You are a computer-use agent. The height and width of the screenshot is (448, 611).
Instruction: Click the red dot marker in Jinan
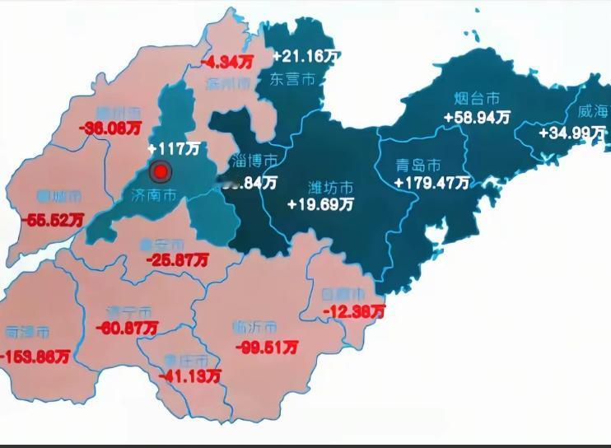tap(161, 171)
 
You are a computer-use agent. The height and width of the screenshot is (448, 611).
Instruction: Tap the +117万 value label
tap(175, 149)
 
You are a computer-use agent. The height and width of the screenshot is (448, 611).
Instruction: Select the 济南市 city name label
tap(154, 196)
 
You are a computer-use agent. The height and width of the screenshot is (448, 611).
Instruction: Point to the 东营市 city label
tap(293, 79)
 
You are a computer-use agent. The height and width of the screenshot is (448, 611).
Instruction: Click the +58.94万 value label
tap(477, 118)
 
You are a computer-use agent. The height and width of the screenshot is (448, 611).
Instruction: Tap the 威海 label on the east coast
tap(591, 112)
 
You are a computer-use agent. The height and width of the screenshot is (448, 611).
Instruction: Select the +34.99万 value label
tap(572, 133)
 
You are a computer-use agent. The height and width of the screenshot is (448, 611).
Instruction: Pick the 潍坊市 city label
tap(330, 186)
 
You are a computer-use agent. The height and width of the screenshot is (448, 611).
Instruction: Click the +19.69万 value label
tap(320, 203)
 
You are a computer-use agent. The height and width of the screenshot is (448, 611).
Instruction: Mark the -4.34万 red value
tap(230, 61)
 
